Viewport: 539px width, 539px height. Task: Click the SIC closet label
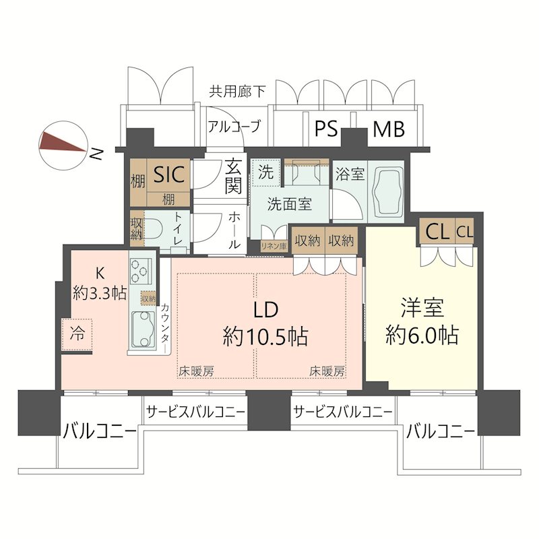click(x=169, y=174)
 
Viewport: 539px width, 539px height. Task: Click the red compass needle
click(x=63, y=143)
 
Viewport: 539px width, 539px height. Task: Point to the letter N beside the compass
click(x=96, y=154)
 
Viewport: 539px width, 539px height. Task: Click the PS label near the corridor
click(x=326, y=129)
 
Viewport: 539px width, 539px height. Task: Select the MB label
click(x=389, y=129)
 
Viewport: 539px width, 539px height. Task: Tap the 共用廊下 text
click(x=237, y=92)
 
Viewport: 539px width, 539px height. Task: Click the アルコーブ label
click(x=234, y=127)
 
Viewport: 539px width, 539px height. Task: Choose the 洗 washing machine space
click(x=265, y=172)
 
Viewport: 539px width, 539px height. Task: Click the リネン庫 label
click(x=274, y=246)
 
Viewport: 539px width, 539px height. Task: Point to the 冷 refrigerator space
click(x=77, y=334)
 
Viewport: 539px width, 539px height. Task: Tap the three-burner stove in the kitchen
click(x=141, y=271)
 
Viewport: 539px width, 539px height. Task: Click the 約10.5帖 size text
click(x=265, y=336)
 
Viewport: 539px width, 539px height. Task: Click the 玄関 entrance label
click(x=234, y=176)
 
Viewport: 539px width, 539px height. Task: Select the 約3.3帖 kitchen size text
click(x=100, y=293)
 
